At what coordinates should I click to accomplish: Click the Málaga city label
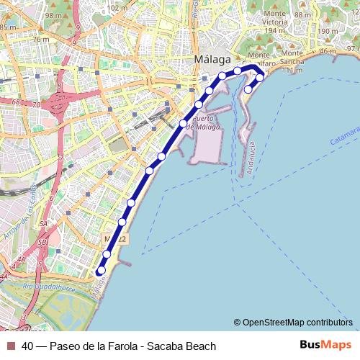(212, 58)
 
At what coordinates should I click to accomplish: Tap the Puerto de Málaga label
(202, 122)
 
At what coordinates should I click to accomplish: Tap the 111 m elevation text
(292, 71)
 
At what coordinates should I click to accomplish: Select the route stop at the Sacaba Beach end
(101, 270)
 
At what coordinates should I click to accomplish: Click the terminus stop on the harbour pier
(248, 89)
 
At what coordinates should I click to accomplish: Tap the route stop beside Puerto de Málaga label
(183, 123)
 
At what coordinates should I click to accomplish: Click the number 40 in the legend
(27, 346)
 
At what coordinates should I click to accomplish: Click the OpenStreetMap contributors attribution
(297, 323)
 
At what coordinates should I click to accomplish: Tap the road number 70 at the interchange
(36, 105)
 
